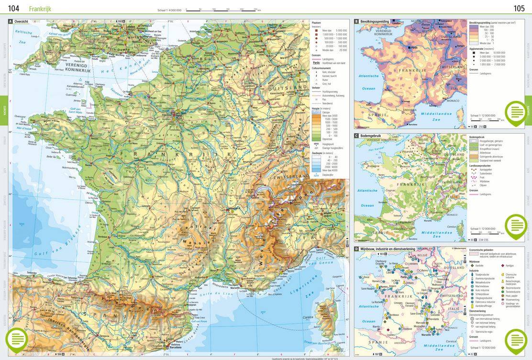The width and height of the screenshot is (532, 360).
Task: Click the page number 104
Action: pos(13,9)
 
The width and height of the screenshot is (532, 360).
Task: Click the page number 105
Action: pos(519,9)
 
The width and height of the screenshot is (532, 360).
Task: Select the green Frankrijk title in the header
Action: pos(40,9)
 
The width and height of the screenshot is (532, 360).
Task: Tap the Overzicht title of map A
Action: pos(22,22)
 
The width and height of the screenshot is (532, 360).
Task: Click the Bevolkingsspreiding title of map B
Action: pos(375,22)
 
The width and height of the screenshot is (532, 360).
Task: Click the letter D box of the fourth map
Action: pos(356,249)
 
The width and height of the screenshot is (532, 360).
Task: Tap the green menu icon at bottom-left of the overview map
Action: pos(17,339)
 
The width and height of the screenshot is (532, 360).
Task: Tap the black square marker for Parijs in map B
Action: pos(410,48)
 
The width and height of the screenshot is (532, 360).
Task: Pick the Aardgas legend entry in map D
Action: pos(510,265)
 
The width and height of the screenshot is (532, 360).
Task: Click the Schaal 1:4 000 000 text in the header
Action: pos(169,10)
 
